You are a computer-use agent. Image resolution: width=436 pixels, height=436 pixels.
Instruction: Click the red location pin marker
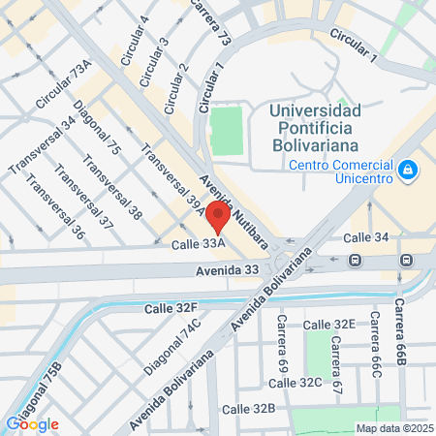[219, 217]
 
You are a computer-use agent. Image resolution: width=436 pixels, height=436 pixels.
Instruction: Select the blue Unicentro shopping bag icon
[409, 171]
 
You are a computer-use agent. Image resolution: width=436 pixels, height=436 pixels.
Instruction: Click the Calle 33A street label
[199, 244]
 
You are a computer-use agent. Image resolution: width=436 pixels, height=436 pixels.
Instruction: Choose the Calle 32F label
[171, 308]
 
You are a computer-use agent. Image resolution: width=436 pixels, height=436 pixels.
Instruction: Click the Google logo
[32, 423]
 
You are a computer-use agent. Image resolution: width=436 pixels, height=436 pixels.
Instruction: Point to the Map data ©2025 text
[392, 428]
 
